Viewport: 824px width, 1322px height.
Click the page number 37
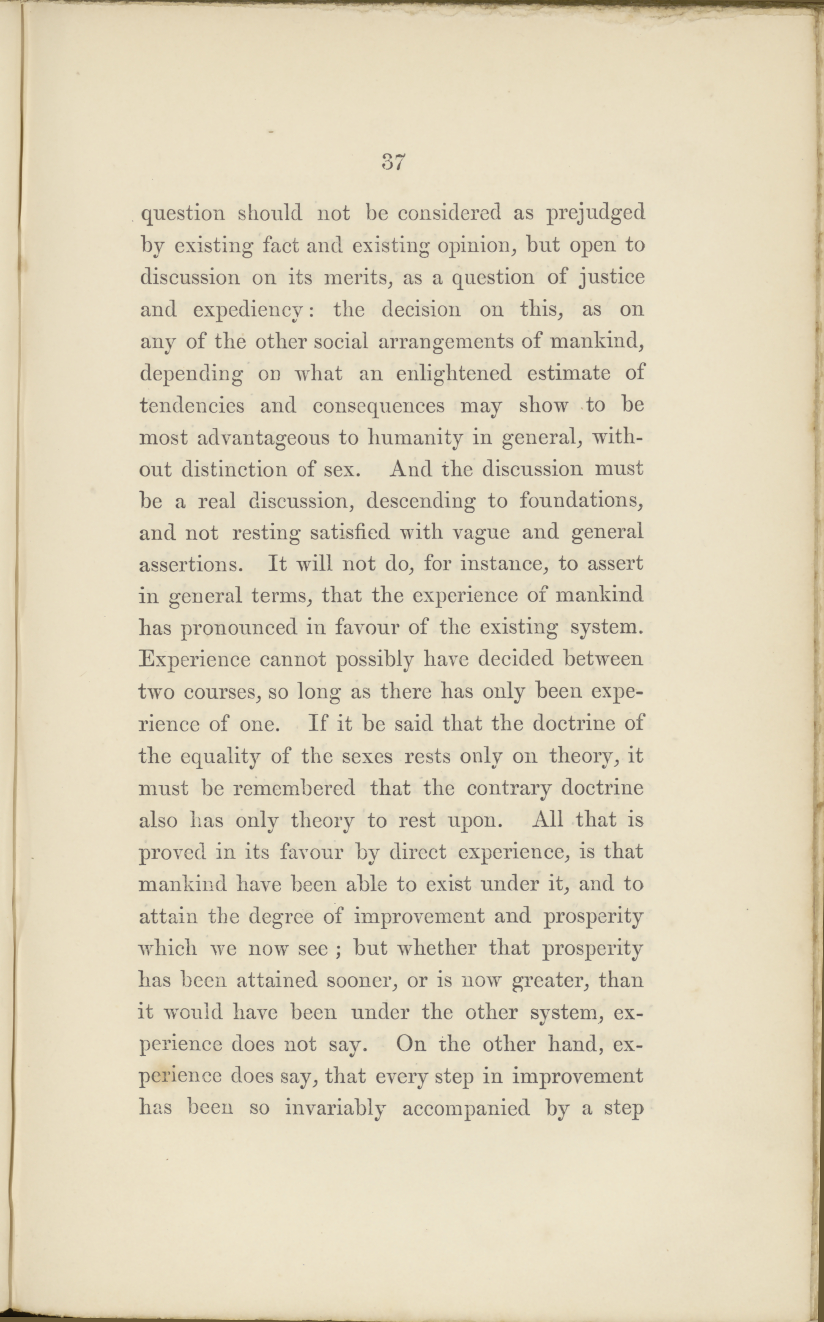392,162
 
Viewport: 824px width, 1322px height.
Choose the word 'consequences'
378,406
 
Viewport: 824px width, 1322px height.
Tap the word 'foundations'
580,500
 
